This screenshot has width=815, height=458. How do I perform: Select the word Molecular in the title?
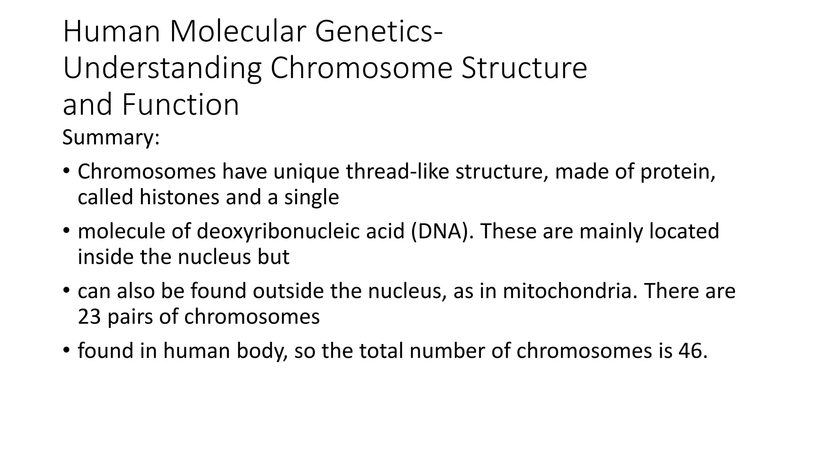(238, 32)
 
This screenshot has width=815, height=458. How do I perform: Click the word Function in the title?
(180, 105)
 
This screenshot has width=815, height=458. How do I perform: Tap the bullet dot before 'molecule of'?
(66, 231)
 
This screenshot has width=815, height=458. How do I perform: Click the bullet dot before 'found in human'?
(66, 350)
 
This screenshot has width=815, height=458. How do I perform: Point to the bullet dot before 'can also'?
(66, 290)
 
